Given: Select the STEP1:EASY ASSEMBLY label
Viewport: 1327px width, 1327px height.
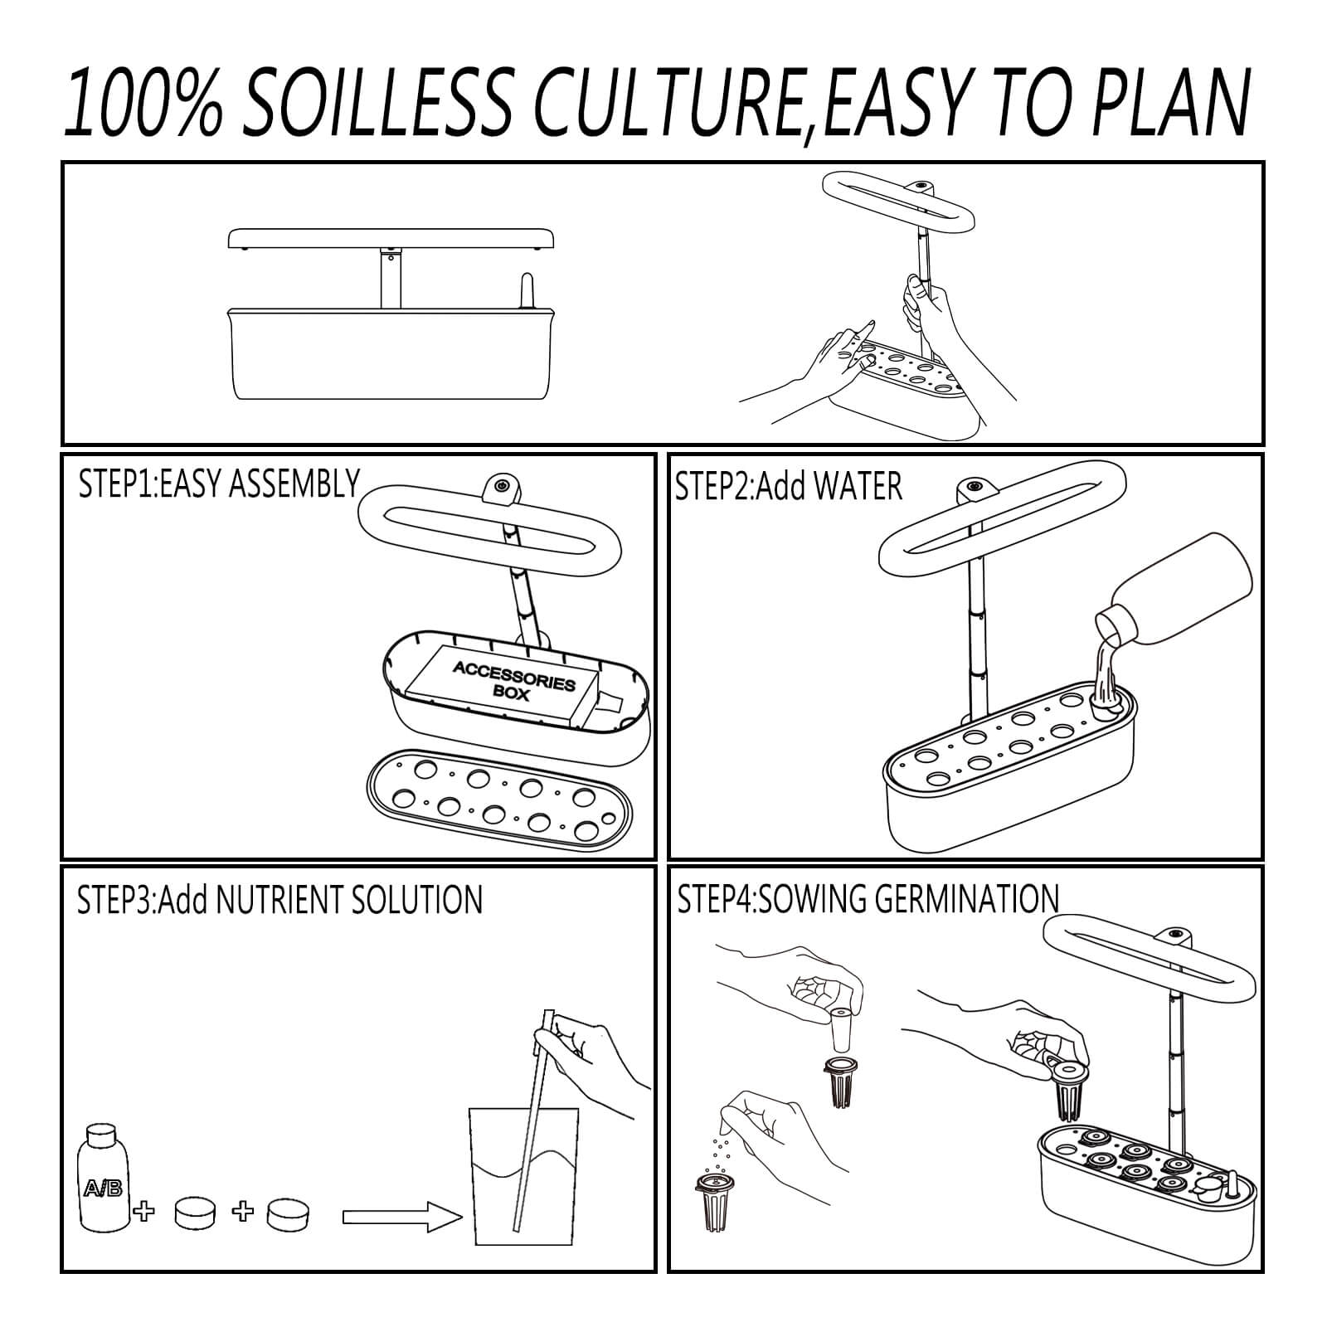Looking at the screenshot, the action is (x=219, y=484).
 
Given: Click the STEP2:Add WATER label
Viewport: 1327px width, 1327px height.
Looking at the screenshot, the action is (x=788, y=486).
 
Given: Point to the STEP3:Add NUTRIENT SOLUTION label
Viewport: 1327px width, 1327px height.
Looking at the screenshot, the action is (x=279, y=900).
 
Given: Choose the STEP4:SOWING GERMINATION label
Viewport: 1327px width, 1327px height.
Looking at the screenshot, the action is (x=868, y=899).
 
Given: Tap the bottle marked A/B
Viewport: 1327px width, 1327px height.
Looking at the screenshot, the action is (x=105, y=1177).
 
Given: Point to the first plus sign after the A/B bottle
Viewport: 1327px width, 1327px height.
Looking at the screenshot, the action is (x=145, y=1213).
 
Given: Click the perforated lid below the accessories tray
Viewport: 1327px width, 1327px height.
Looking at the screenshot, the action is (x=498, y=798).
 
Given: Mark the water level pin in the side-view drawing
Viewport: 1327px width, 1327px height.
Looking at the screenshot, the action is (x=526, y=292).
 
